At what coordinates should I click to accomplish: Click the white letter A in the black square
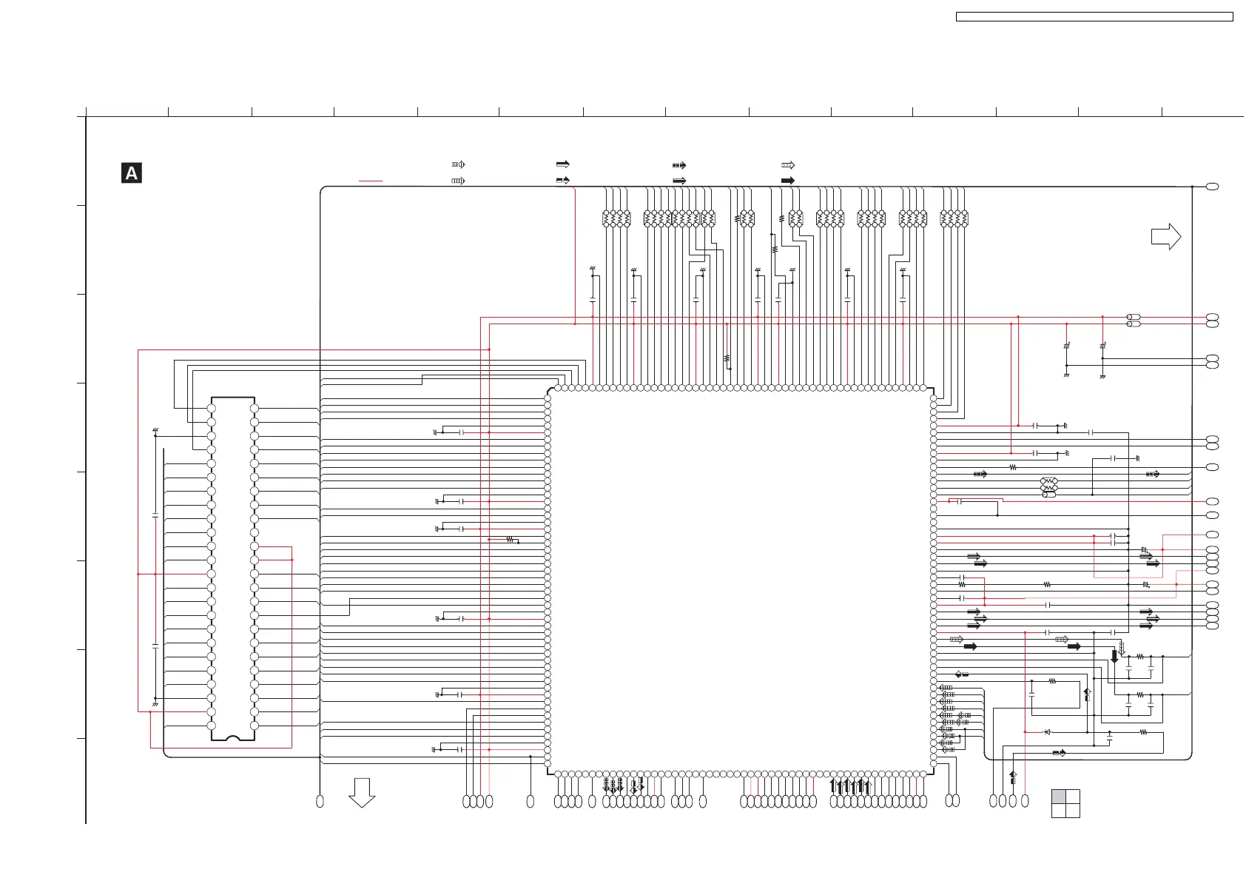pos(132,173)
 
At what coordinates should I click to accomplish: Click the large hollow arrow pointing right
pos(1165,237)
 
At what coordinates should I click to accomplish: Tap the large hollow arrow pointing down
pos(362,791)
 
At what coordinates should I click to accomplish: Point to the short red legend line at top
pos(371,181)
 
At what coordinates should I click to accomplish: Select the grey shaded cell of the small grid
pos(1059,797)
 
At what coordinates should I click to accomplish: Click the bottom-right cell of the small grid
pos(1073,811)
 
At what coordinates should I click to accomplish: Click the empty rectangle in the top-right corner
pos(1094,16)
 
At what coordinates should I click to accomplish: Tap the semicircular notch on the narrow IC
pos(233,738)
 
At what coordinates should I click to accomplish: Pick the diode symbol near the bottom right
pos(1047,732)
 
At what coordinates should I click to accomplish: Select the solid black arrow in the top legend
pos(788,181)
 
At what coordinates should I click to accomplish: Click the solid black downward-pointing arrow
pos(1115,656)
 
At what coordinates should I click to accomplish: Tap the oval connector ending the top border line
pos(1213,187)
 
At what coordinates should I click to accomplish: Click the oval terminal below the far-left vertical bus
pos(320,801)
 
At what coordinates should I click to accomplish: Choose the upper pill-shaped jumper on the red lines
pos(1133,317)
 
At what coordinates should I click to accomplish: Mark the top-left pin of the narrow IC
pos(212,409)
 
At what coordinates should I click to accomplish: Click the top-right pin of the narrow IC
pos(255,409)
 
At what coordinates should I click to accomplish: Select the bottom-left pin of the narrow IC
pos(212,726)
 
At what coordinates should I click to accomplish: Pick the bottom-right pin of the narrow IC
pos(255,726)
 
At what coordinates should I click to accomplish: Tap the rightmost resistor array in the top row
pos(954,218)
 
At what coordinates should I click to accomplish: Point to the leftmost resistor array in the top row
pos(616,218)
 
